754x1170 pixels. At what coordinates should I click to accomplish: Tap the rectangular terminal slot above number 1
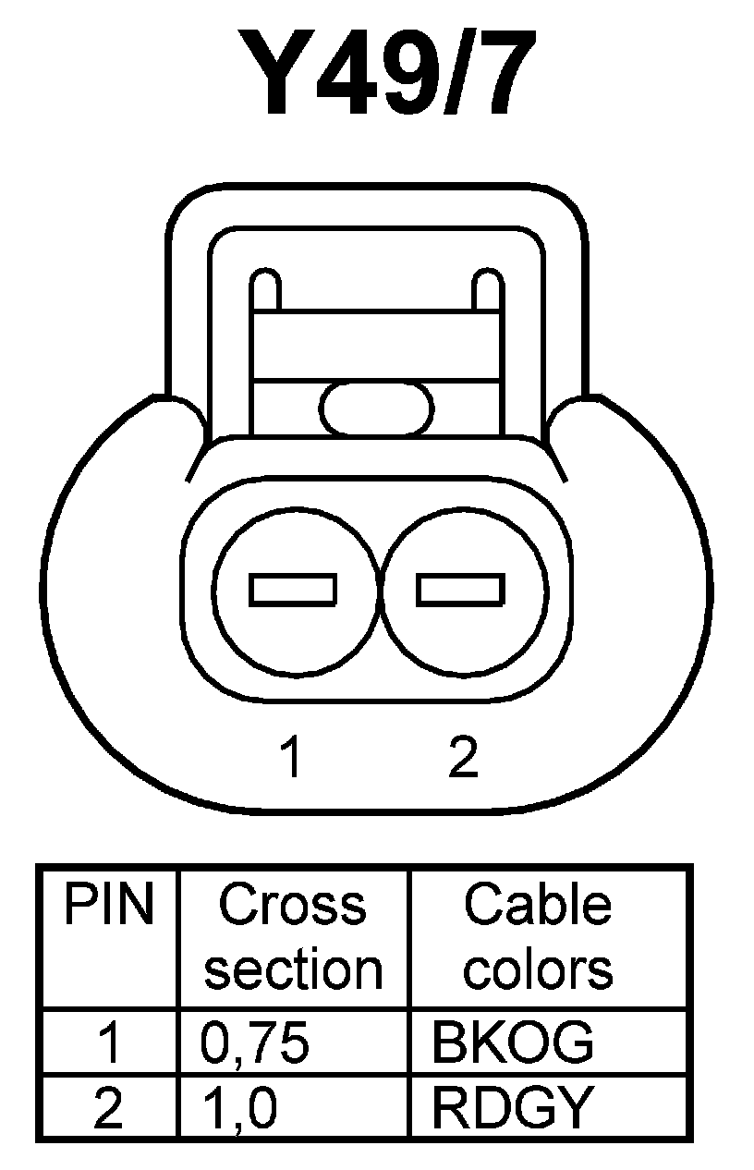294,589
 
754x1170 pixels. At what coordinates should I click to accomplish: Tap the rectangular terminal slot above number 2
460,589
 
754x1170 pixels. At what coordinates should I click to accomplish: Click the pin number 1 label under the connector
292,758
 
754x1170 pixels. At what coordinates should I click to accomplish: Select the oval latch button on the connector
377,407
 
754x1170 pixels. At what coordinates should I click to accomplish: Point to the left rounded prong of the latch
265,290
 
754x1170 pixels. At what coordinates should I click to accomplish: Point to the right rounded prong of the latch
486,290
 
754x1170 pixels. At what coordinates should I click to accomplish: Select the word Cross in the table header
293,907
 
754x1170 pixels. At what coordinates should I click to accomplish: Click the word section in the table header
293,969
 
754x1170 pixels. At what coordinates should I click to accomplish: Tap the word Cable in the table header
538,907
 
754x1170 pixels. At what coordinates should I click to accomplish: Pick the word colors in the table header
538,969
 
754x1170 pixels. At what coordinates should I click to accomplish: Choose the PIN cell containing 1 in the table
108,1042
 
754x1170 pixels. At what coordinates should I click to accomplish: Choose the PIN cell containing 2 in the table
108,1108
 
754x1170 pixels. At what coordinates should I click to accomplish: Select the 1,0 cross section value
238,1108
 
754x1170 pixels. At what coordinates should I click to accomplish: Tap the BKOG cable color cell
513,1042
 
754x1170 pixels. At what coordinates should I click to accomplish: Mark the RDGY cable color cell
510,1108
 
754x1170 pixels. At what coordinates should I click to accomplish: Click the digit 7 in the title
498,75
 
